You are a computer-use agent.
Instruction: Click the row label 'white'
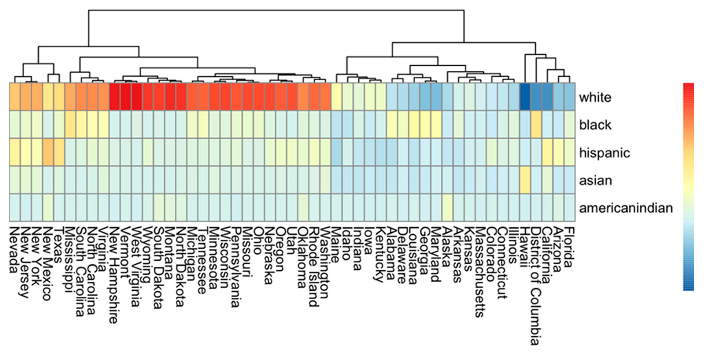tap(595, 97)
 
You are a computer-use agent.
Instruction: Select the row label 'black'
tap(595, 125)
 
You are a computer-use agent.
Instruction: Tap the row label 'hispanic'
tap(605, 153)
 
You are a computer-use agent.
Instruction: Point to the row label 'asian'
tap(595, 180)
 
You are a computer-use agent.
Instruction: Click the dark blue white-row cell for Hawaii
tap(525, 97)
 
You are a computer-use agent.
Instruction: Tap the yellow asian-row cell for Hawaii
tap(525, 180)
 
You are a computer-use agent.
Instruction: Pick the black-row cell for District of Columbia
tap(536, 124)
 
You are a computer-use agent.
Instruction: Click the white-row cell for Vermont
tap(126, 97)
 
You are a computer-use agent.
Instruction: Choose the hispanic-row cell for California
tap(547, 152)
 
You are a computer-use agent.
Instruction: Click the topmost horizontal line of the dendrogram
tap(276, 10)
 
